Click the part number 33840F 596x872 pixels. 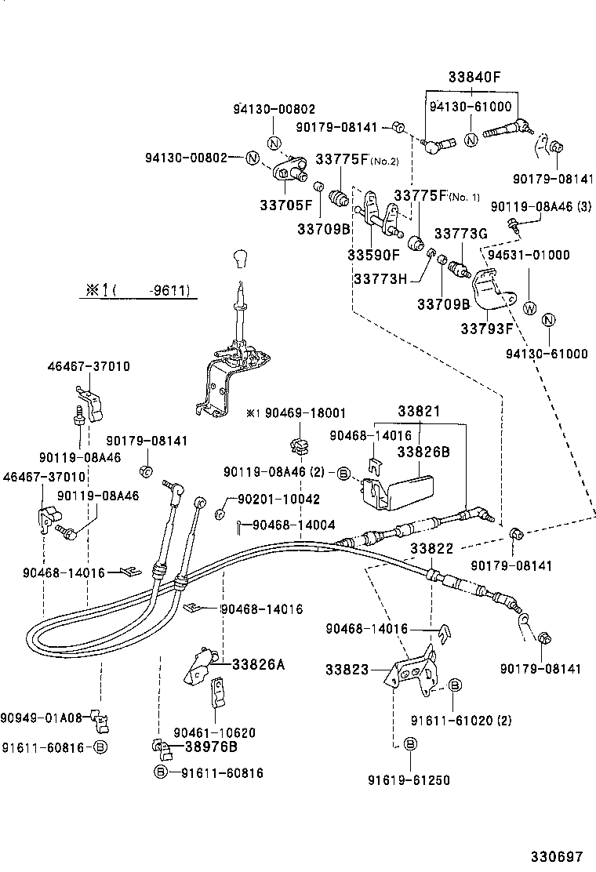[x=474, y=78]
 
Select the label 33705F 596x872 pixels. [x=286, y=205]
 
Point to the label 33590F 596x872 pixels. [x=373, y=255]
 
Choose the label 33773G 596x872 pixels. [x=461, y=234]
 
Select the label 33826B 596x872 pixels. [x=423, y=452]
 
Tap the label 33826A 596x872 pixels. [x=258, y=664]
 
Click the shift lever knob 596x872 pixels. [x=241, y=260]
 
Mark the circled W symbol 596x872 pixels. [x=529, y=307]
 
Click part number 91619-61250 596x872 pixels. [x=409, y=780]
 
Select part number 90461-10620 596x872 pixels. [x=214, y=732]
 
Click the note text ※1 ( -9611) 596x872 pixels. [x=137, y=290]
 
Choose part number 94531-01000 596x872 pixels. [x=529, y=255]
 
